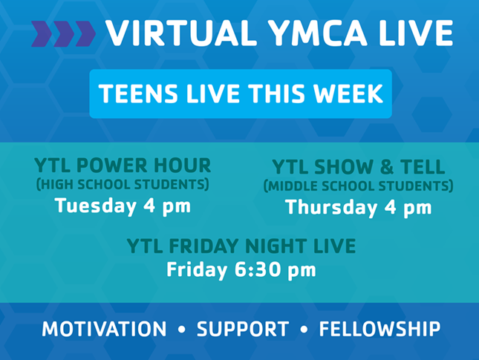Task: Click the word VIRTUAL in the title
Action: point(181,33)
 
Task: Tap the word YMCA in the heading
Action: point(318,33)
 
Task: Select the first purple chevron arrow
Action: point(42,33)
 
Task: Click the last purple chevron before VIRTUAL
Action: point(85,33)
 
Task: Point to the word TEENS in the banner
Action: point(138,94)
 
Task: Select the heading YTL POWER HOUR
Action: point(123,166)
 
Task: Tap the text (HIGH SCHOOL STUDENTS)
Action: point(123,184)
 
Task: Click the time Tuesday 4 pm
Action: point(123,206)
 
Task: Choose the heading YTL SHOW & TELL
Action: point(359,167)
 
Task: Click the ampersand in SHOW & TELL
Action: point(387,167)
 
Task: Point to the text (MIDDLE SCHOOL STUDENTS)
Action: point(359,186)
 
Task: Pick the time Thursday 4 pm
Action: point(359,207)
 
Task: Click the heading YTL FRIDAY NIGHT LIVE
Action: point(241,246)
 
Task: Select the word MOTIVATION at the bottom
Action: point(104,329)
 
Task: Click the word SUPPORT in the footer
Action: point(243,329)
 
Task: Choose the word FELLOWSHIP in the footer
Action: point(379,329)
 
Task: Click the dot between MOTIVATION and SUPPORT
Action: point(182,330)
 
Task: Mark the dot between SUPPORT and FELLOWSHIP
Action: point(304,330)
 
